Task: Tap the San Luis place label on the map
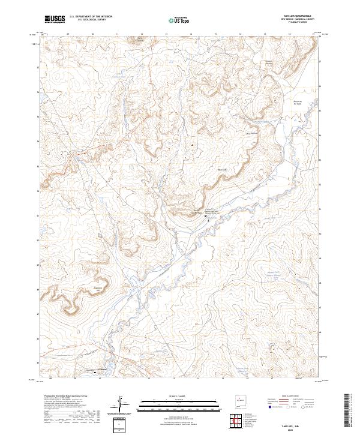point(221,170)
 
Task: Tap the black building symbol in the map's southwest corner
point(97,372)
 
